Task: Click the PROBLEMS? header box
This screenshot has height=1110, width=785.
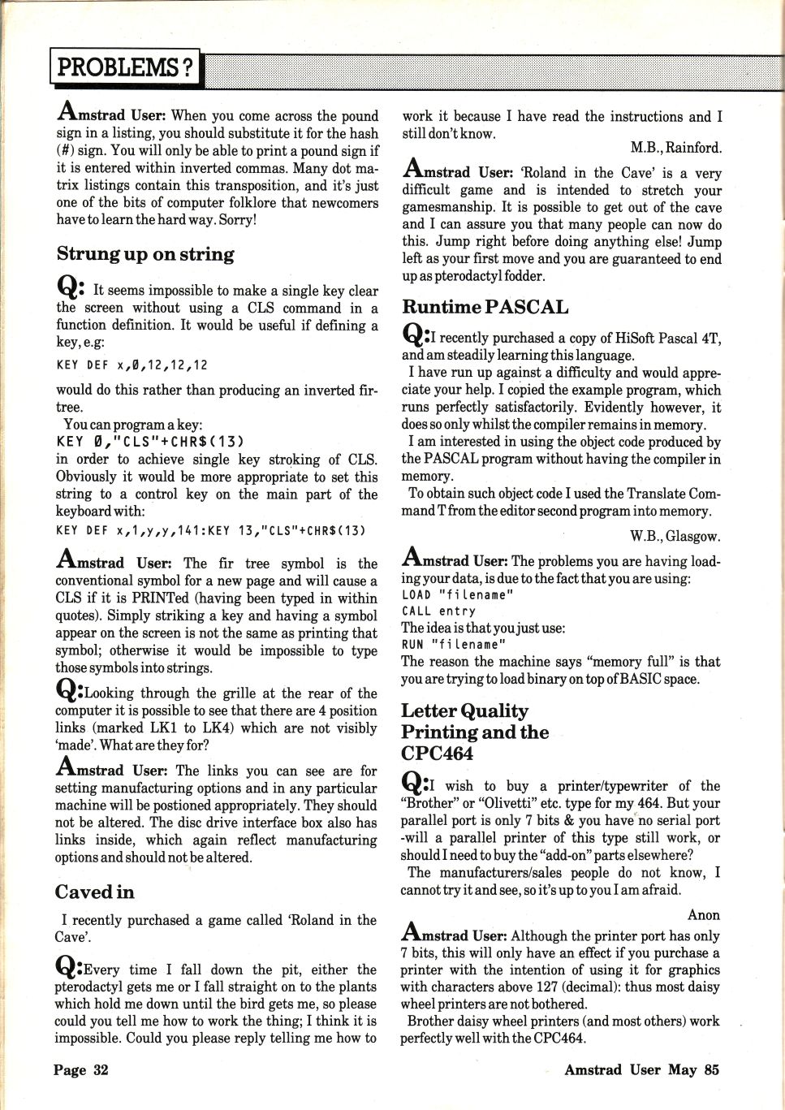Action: pos(126,67)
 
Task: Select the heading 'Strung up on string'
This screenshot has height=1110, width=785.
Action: pos(145,254)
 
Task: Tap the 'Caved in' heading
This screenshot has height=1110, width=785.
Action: pos(95,892)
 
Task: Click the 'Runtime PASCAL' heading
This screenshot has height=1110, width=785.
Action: pos(485,307)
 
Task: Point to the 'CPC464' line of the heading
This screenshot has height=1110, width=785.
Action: pos(437,753)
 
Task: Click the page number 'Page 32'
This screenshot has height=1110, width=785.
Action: pos(80,1069)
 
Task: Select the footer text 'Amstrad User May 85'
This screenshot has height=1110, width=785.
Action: pos(641,1069)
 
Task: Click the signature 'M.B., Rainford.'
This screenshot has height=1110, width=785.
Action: pos(675,148)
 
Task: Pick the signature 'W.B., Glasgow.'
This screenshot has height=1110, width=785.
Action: pos(675,536)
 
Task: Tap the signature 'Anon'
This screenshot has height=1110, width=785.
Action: pos(704,915)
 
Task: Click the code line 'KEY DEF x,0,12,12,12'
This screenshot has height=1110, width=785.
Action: pos(132,365)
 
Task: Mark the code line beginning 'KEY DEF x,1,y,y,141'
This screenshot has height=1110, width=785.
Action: pos(210,530)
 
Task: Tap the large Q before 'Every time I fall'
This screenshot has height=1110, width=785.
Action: pos(67,967)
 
